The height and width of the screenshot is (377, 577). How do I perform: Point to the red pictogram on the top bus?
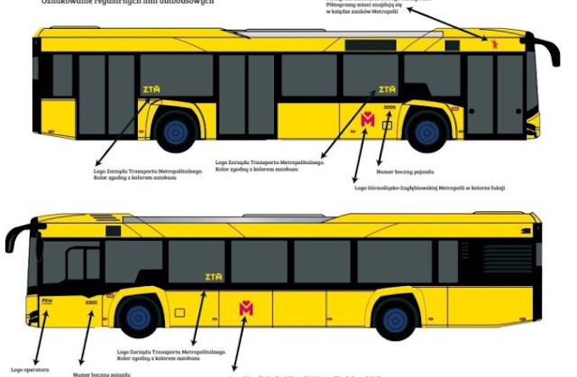(493, 41)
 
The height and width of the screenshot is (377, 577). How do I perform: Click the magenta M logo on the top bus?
(368, 119)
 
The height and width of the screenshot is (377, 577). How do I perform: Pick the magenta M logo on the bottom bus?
(246, 308)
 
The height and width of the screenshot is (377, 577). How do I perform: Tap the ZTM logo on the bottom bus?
(213, 277)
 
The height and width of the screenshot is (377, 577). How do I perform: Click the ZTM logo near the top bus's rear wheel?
(151, 88)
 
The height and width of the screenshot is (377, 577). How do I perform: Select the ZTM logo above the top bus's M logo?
(387, 89)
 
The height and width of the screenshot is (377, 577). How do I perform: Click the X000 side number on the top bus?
(389, 108)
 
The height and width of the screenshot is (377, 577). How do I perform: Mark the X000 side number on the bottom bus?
(91, 303)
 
